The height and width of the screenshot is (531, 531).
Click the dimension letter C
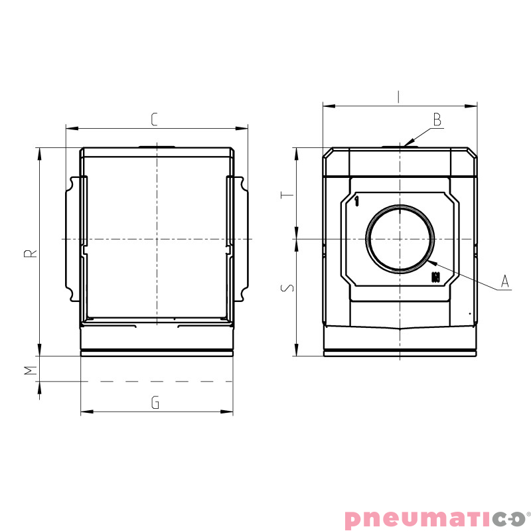pos(154,119)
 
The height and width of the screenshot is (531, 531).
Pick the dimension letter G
pos(155,403)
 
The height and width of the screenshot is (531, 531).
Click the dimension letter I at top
pos(398,97)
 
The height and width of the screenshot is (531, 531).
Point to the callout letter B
pos(437,119)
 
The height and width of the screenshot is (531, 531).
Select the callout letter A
pos(504,281)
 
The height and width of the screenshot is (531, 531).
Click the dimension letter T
pos(285,196)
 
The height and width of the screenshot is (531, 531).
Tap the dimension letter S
pos(285,289)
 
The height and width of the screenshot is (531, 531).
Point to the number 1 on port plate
pos(357,200)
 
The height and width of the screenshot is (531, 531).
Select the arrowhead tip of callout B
pos(403,146)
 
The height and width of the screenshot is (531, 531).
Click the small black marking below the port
pos(435,277)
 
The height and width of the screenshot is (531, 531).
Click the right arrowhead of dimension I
pos(476,105)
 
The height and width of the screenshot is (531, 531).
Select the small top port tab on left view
pos(157,146)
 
